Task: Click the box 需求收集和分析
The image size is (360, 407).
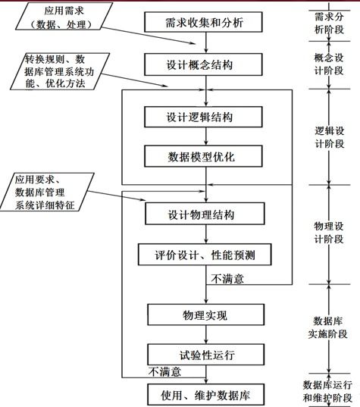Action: click(203, 22)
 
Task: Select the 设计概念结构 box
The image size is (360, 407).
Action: click(203, 64)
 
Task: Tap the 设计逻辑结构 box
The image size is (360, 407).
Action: click(203, 117)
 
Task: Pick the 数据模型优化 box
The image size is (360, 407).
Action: click(203, 156)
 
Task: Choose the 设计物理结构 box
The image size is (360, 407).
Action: click(205, 214)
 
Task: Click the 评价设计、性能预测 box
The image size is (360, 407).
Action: click(205, 255)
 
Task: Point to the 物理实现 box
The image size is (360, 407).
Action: click(206, 315)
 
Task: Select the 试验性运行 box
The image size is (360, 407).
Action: click(206, 355)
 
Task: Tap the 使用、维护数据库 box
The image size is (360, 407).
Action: click(206, 395)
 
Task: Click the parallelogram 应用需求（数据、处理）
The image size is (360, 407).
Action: click(64, 17)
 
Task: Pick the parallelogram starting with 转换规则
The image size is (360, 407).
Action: click(60, 71)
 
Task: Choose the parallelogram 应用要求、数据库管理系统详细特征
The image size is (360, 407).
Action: click(47, 192)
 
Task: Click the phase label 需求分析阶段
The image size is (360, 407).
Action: click(329, 23)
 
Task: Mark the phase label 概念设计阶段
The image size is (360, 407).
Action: click(329, 64)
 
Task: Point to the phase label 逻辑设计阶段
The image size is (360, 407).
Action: click(330, 137)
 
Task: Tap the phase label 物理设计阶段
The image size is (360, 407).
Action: click(329, 233)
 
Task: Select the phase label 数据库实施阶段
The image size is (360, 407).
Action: click(328, 327)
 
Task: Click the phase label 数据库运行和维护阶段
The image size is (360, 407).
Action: click(327, 391)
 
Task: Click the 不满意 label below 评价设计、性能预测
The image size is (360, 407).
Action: click(227, 279)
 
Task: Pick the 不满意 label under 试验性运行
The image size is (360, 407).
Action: click(164, 371)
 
